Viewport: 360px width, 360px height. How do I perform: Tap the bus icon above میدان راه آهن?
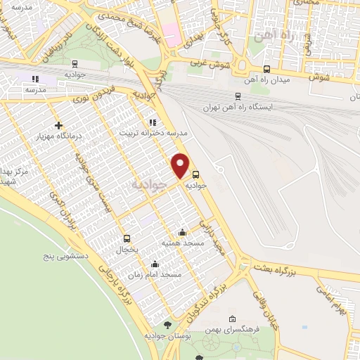click(x=266, y=69)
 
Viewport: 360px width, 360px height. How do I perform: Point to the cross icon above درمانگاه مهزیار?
click(x=58, y=124)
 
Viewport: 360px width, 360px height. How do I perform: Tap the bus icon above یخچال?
click(x=127, y=238)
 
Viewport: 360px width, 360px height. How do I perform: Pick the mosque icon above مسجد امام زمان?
click(x=155, y=264)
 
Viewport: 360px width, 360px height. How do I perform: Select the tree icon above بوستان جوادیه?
click(x=167, y=324)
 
